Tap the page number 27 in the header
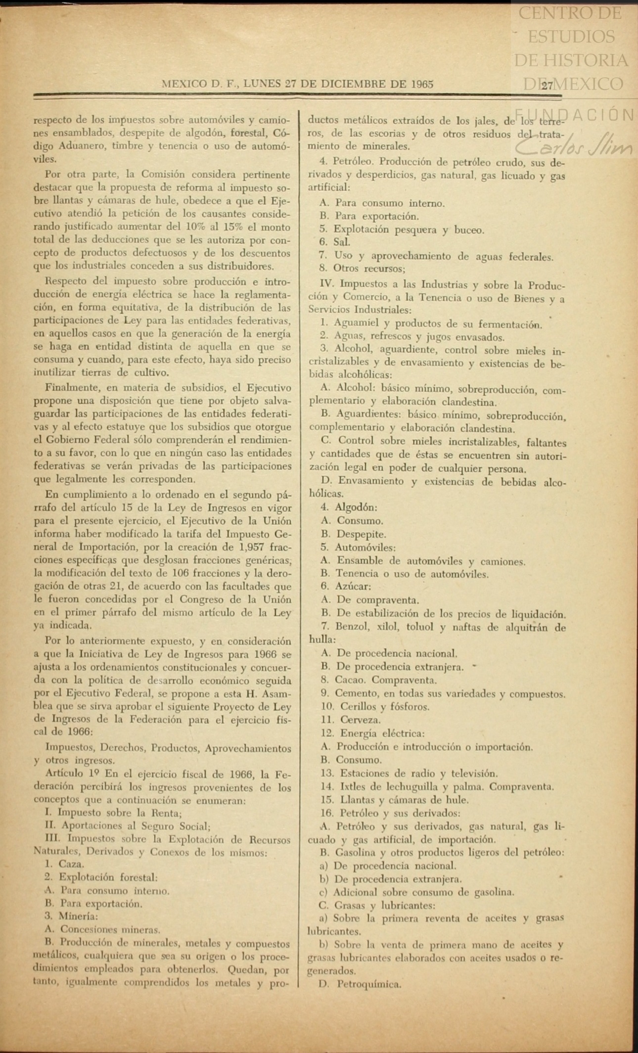point(547,85)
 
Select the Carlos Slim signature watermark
point(574,145)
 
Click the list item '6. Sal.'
point(334,242)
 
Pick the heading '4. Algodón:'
point(349,507)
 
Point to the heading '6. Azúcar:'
point(346,587)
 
